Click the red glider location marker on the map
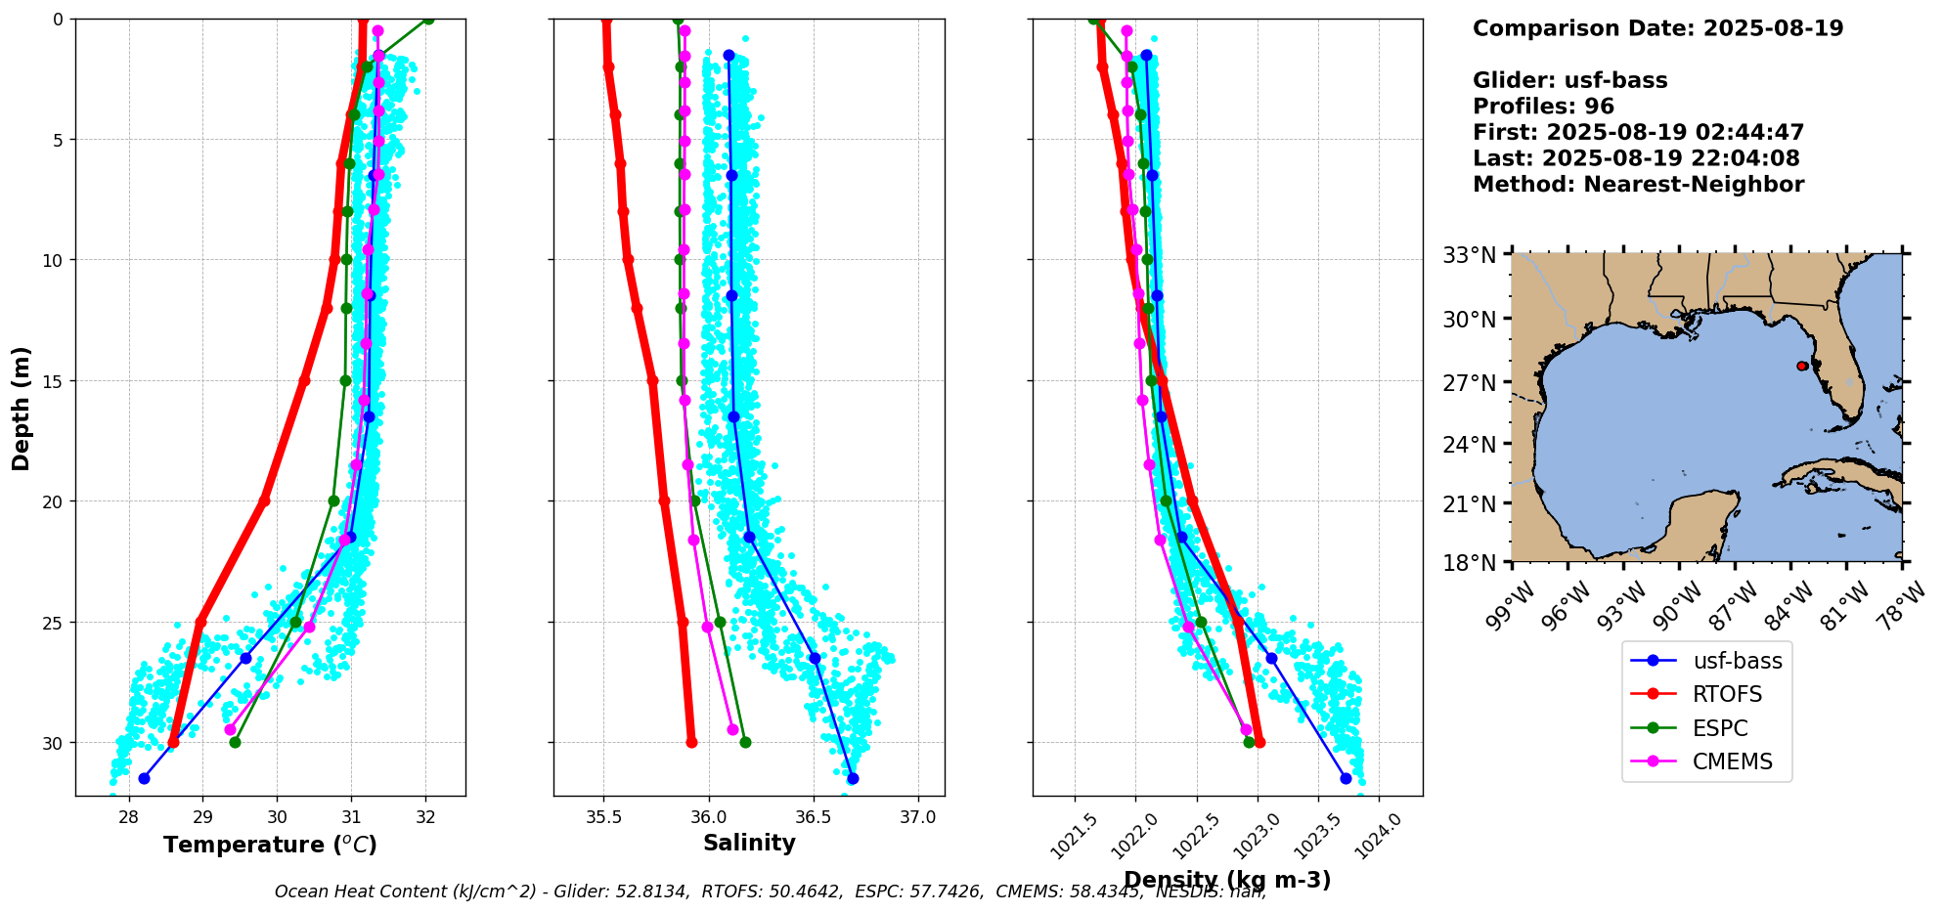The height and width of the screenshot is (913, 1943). (x=1801, y=366)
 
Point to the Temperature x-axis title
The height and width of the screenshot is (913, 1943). (x=270, y=845)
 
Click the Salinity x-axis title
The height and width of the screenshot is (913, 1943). (x=749, y=843)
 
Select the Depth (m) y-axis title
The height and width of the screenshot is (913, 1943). (x=22, y=408)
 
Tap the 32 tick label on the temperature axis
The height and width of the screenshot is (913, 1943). (x=425, y=817)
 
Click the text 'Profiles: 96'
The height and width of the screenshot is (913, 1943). (x=1543, y=107)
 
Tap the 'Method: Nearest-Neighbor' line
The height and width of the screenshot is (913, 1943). (x=1638, y=185)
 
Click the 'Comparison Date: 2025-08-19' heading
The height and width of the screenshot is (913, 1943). (x=1657, y=28)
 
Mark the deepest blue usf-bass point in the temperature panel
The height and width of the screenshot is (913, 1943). (x=144, y=778)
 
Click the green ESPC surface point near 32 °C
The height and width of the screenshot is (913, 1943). (x=427, y=19)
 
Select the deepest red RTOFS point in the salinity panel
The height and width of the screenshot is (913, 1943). (x=691, y=742)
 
